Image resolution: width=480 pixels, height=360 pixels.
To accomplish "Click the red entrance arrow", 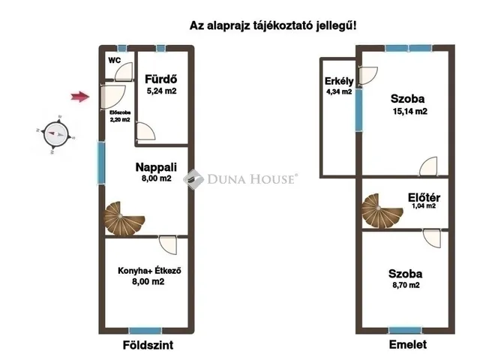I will pos(79,95).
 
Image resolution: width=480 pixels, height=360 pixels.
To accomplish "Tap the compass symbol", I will pos(55,134).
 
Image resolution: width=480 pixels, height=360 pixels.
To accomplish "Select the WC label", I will pos(115,60).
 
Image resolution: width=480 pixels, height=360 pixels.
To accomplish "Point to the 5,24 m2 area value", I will pos(160,91).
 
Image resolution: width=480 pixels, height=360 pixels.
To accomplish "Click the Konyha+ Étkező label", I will pos(151,271).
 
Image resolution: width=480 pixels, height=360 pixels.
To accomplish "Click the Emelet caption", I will pos(407,345).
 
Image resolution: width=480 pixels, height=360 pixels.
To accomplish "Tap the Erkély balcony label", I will pos(334,81).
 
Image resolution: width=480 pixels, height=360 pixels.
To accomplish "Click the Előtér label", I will pos(424,198).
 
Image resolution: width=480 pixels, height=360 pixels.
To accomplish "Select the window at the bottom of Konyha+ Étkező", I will pos(145,331).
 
